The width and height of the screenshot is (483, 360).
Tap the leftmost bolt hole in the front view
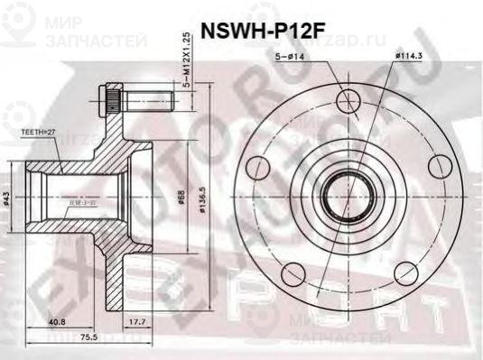[x=258, y=165]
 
